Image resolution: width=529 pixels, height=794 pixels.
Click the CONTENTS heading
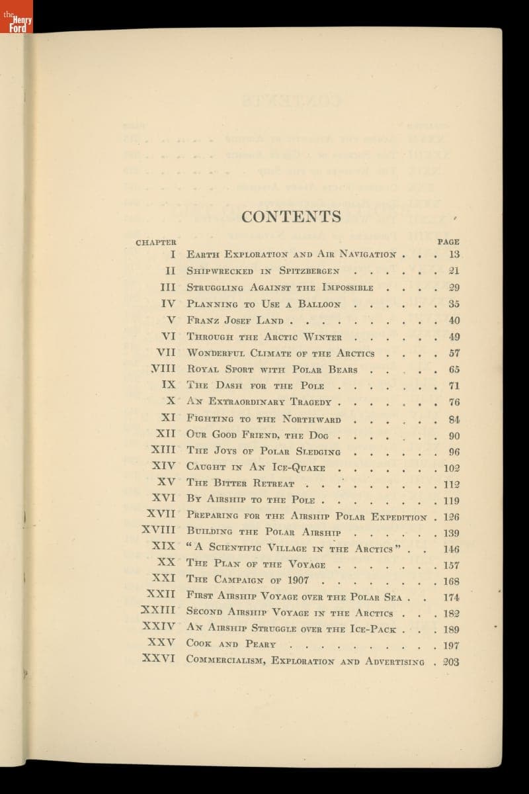click(292, 216)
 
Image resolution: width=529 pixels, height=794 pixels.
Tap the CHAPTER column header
click(156, 242)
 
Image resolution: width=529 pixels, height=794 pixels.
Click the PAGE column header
click(448, 242)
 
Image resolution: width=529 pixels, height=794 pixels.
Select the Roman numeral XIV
click(164, 467)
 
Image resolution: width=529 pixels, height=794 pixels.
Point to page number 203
click(451, 662)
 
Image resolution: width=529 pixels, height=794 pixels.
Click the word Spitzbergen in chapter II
click(309, 271)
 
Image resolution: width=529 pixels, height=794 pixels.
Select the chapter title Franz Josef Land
click(235, 321)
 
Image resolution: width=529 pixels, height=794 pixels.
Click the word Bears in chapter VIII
click(340, 370)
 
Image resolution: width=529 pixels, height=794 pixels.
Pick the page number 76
click(454, 402)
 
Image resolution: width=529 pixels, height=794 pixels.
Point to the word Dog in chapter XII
click(319, 435)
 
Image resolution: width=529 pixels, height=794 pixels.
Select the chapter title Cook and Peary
click(231, 644)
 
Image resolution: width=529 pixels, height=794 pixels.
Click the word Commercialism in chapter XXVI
click(226, 660)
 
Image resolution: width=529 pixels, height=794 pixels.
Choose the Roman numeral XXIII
click(158, 611)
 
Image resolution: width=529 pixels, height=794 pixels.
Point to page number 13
click(454, 254)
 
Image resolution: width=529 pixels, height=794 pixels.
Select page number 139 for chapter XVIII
click(451, 533)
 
